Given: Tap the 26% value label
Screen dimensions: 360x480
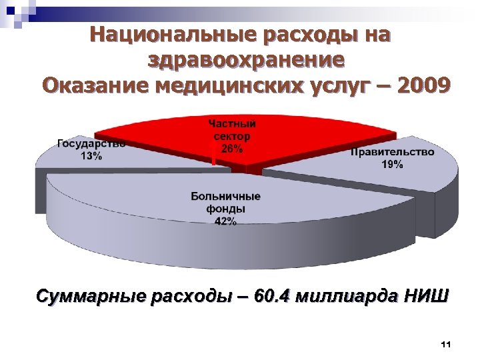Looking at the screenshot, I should pyautogui.click(x=231, y=150).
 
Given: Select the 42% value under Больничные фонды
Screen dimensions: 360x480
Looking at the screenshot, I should pyautogui.click(x=225, y=222).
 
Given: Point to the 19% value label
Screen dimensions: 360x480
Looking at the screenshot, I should pyautogui.click(x=391, y=165).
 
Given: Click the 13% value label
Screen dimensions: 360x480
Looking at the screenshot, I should pyautogui.click(x=91, y=156).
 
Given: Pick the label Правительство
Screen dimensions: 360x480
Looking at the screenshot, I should pyautogui.click(x=392, y=152).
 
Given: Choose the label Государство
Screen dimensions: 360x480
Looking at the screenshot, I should pyautogui.click(x=91, y=144).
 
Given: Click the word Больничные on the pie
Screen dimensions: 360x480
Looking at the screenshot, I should pyautogui.click(x=225, y=197).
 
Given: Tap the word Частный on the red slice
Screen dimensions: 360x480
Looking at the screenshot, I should pyautogui.click(x=231, y=123).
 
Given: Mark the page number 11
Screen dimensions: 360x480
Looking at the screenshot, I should pyautogui.click(x=446, y=344).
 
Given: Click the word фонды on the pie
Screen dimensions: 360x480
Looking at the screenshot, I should pyautogui.click(x=225, y=209).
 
